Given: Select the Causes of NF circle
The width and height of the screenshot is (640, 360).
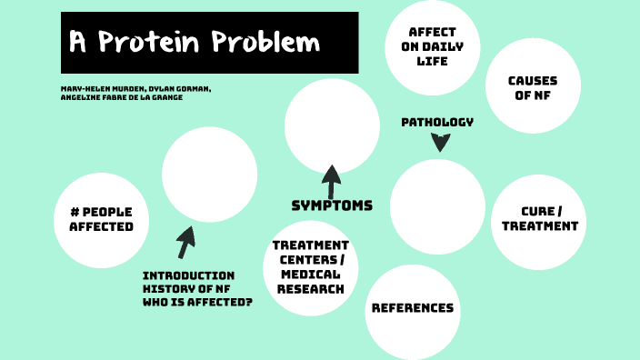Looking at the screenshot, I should tap(533, 86).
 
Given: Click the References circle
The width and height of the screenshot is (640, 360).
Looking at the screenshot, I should tap(412, 308).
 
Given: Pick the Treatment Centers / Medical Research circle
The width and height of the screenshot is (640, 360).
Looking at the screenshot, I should tap(312, 267).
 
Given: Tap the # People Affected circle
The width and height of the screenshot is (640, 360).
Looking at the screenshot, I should tap(101, 219).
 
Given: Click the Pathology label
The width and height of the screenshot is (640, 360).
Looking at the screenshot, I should tap(437, 122).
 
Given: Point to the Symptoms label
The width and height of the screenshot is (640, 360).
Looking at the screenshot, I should tap(332, 205).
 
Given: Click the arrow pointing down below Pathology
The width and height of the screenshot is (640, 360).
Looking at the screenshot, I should tap(440, 142).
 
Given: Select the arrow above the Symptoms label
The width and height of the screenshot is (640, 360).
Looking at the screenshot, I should tap(331, 180).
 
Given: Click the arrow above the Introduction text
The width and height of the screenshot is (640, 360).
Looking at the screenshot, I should tap(186, 243).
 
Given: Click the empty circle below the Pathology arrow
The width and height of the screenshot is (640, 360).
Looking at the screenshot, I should tap(437, 206).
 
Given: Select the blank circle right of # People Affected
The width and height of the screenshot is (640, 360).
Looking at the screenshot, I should tap(209, 174).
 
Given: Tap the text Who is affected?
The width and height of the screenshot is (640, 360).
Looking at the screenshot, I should tap(196, 301).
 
